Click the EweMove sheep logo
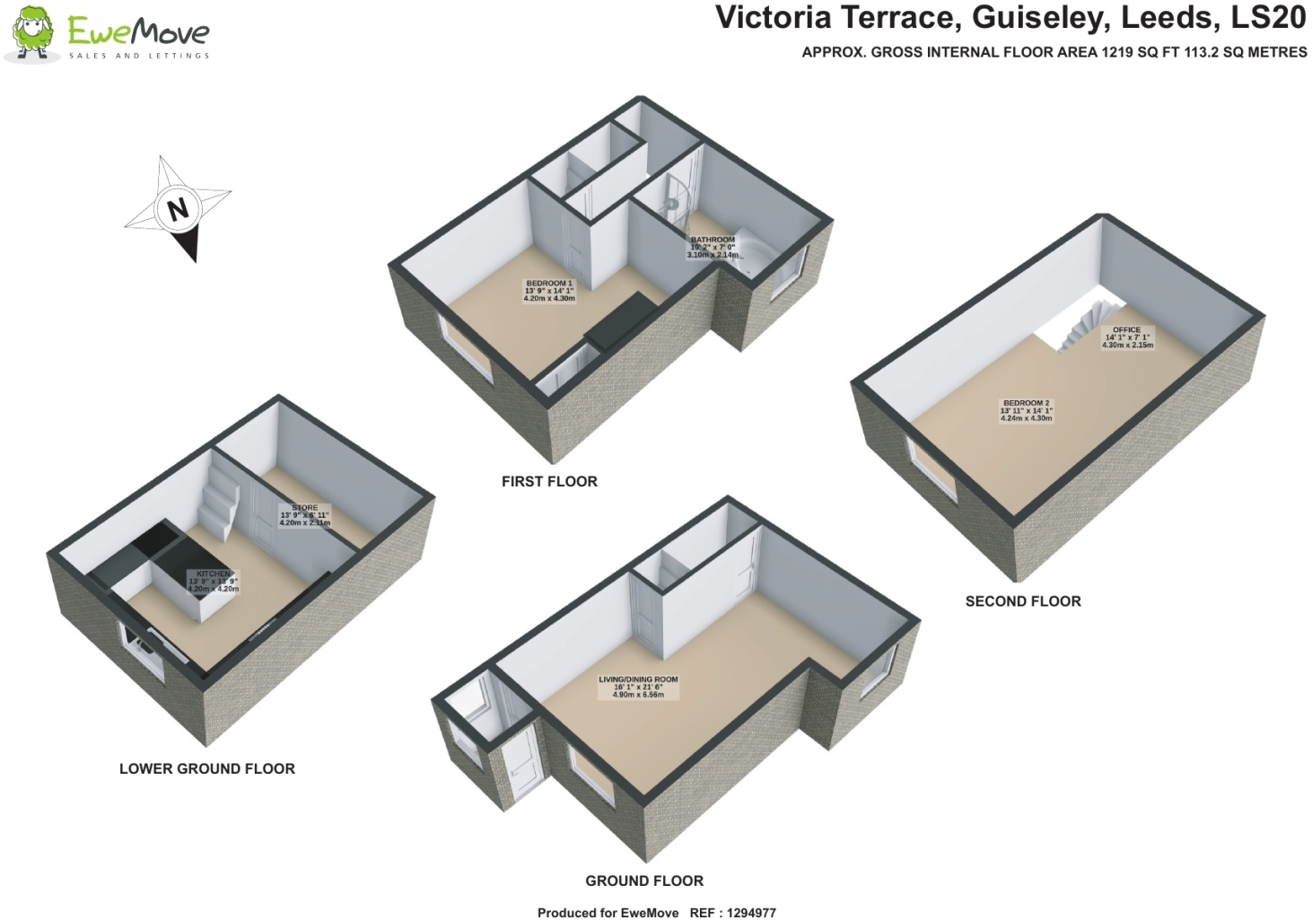point(32,34)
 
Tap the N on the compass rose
point(178,209)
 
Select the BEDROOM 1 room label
point(548,291)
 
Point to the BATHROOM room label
point(713,247)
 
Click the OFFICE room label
point(1127,337)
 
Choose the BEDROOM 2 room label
point(1026,410)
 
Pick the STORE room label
point(304,514)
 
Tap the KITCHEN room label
point(214,581)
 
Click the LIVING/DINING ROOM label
point(638,687)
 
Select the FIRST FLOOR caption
point(549,481)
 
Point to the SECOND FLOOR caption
point(1022,601)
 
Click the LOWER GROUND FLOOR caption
point(206,768)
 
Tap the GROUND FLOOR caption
point(643,881)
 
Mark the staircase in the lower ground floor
point(221,503)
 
